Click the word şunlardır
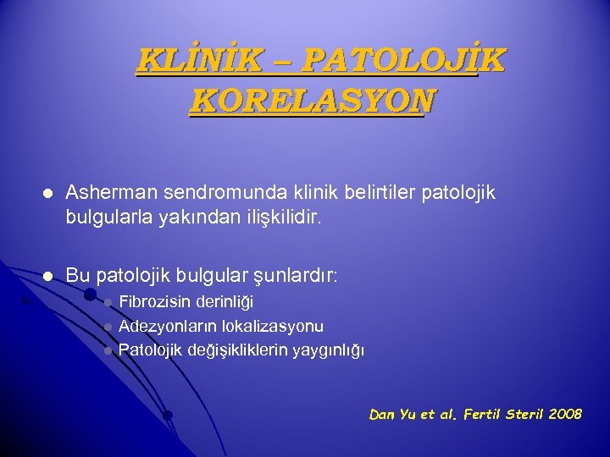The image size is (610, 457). [x=296, y=276]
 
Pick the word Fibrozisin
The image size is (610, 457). [x=155, y=302]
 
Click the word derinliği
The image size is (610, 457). [x=225, y=302]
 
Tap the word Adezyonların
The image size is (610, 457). [x=168, y=327]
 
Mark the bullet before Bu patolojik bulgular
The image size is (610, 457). [x=48, y=277]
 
